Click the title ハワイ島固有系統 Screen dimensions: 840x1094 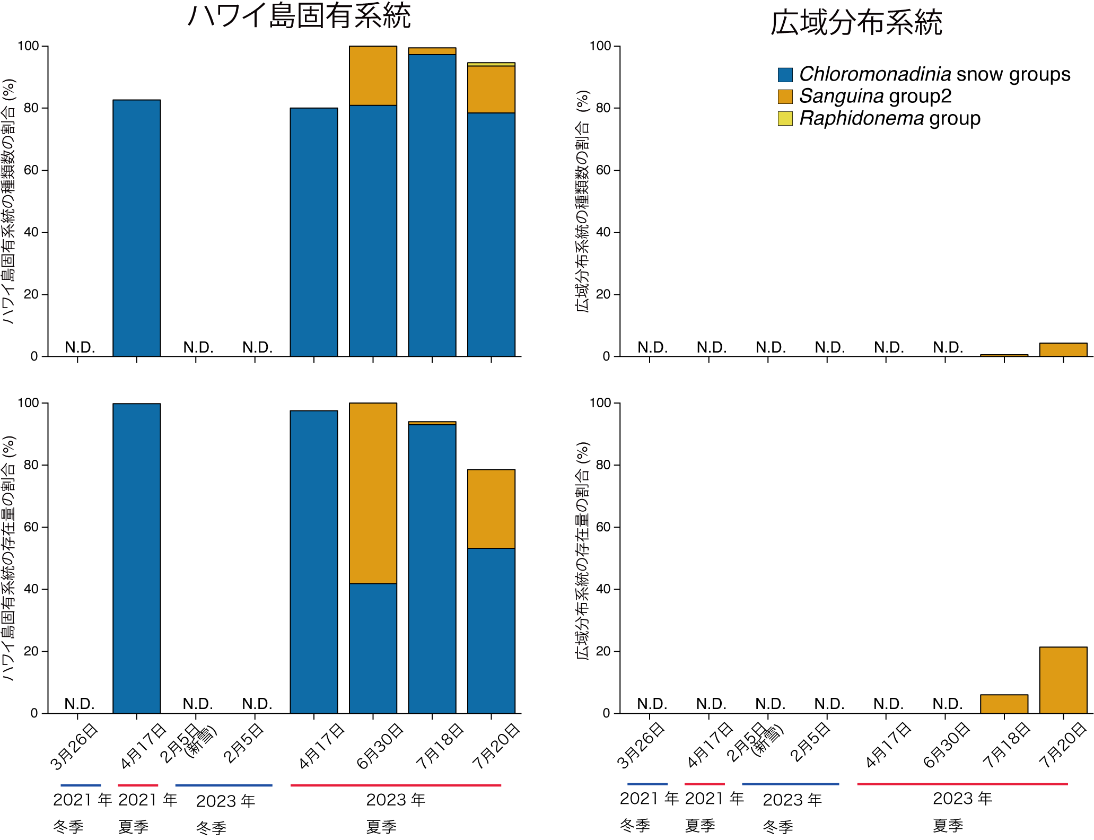[x=299, y=16]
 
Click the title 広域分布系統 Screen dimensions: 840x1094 [x=856, y=23]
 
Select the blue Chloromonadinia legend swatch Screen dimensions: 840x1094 [x=785, y=75]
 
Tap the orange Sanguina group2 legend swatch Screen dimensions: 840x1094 [x=785, y=97]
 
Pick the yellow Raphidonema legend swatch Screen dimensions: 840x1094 [x=785, y=118]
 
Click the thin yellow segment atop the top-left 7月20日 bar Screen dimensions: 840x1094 [x=491, y=64]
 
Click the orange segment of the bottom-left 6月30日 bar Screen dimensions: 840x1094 [x=373, y=493]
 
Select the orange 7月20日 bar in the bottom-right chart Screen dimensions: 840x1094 [x=1063, y=680]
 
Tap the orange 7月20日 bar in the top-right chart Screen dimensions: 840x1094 [x=1063, y=349]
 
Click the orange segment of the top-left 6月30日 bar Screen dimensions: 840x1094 [x=373, y=76]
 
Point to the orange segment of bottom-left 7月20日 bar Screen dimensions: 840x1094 [x=491, y=509]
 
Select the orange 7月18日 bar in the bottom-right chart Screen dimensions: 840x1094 [x=1004, y=704]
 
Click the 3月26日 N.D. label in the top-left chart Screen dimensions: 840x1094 [x=80, y=347]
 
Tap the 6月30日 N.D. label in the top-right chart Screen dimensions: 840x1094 [x=948, y=347]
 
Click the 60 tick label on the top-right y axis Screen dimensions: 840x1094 [x=603, y=170]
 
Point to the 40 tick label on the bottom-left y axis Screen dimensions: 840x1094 [x=31, y=589]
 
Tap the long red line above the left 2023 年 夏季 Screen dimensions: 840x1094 [x=396, y=785]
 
